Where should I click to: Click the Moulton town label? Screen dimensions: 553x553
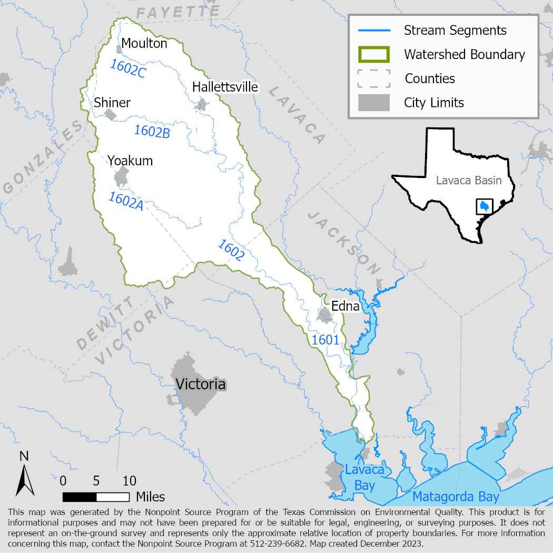pyautogui.click(x=144, y=43)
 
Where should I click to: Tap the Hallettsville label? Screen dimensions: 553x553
pyautogui.click(x=225, y=86)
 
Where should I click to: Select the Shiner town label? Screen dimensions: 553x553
pyautogui.click(x=112, y=102)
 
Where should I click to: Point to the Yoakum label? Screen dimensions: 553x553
pyautogui.click(x=130, y=161)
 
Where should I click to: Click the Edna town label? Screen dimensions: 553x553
pyautogui.click(x=345, y=306)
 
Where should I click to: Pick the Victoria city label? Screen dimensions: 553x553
pyautogui.click(x=201, y=384)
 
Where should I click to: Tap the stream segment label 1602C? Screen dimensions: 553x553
pyautogui.click(x=127, y=69)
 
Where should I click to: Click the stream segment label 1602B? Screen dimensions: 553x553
pyautogui.click(x=152, y=131)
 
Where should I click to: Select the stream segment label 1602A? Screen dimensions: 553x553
pyautogui.click(x=126, y=201)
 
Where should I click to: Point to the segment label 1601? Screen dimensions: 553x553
pyautogui.click(x=325, y=340)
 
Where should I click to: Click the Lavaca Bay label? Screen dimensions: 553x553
pyautogui.click(x=364, y=477)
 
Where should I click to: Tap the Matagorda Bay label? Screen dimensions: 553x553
pyautogui.click(x=456, y=497)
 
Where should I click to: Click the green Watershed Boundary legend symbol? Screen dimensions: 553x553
pyautogui.click(x=374, y=54)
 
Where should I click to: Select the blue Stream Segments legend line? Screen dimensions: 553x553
pyautogui.click(x=374, y=30)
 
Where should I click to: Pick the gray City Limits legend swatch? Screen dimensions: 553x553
pyautogui.click(x=374, y=102)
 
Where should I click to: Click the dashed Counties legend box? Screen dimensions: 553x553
pyautogui.click(x=374, y=78)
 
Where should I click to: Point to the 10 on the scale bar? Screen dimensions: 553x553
pyautogui.click(x=129, y=480)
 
